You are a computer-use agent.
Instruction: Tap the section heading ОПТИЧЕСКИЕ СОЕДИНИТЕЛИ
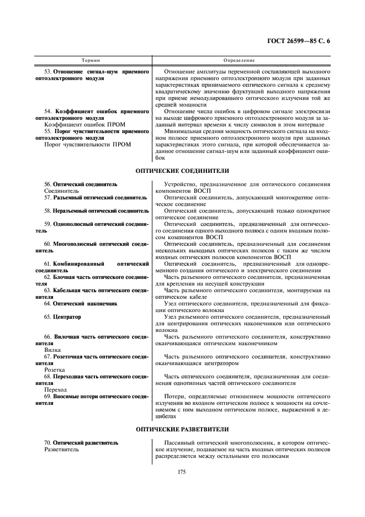click(182, 171)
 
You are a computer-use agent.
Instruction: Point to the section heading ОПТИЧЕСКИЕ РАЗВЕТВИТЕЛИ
click(182, 429)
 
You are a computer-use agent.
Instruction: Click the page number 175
click(182, 471)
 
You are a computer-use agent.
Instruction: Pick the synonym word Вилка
click(52, 350)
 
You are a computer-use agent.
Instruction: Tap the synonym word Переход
click(55, 389)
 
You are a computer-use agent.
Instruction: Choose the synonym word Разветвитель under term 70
click(61, 450)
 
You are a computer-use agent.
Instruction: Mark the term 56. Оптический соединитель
click(81, 184)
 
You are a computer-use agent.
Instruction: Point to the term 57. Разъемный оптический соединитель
click(96, 197)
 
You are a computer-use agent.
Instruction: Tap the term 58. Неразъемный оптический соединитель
click(97, 211)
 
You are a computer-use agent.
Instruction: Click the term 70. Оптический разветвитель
click(81, 443)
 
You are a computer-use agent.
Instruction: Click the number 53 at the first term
click(47, 72)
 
